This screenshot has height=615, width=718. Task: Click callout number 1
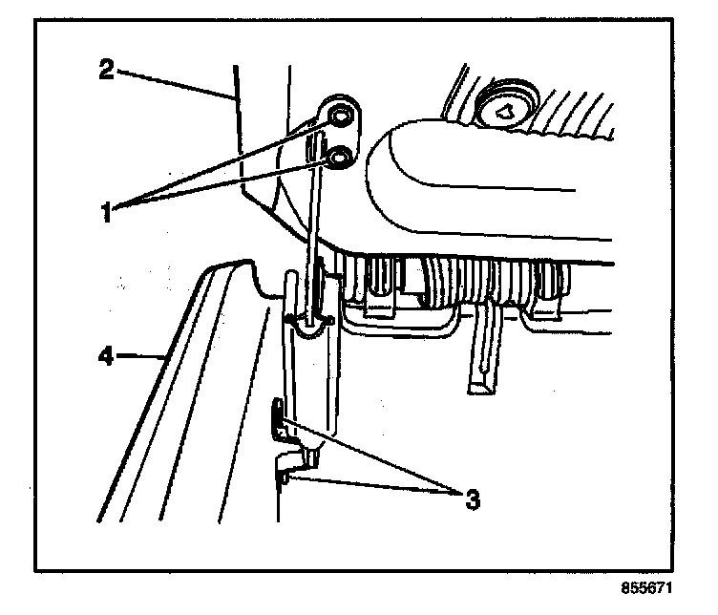click(x=112, y=209)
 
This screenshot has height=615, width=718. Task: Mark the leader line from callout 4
click(x=143, y=359)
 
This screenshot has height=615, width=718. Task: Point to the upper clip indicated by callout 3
click(x=279, y=421)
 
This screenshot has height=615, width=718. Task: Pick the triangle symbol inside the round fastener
click(x=507, y=113)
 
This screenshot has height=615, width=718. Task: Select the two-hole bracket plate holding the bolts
click(x=339, y=134)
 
